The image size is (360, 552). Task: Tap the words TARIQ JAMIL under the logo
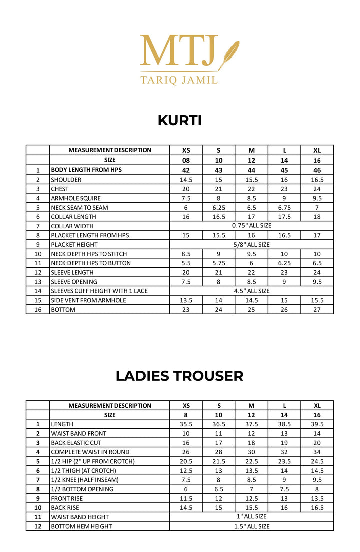click(x=179, y=80)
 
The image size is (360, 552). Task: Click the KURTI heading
click(x=180, y=120)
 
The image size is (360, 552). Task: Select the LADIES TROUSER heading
click(x=179, y=376)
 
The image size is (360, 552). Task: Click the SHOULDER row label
click(x=66, y=180)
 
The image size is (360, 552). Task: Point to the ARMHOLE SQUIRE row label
click(x=76, y=198)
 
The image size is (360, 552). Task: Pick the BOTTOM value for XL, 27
click(x=317, y=310)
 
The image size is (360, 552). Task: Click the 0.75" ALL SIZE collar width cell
click(x=251, y=226)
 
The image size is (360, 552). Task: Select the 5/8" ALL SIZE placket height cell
click(x=251, y=245)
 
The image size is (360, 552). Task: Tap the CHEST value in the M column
click(x=251, y=189)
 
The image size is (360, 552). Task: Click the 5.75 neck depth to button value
click(x=218, y=263)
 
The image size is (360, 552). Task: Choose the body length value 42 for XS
click(x=186, y=170)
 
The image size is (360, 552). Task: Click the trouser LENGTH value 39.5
click(x=317, y=424)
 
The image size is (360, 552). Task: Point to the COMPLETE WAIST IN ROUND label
click(x=90, y=452)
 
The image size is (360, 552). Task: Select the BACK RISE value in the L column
click(x=284, y=508)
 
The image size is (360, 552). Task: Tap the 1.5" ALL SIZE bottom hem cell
click(x=251, y=526)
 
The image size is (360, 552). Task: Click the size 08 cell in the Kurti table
click(x=186, y=161)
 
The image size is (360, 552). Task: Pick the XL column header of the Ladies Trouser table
click(x=317, y=406)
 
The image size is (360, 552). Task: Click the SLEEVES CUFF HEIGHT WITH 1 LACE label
click(x=99, y=291)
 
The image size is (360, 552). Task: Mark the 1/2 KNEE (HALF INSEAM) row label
click(x=85, y=480)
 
